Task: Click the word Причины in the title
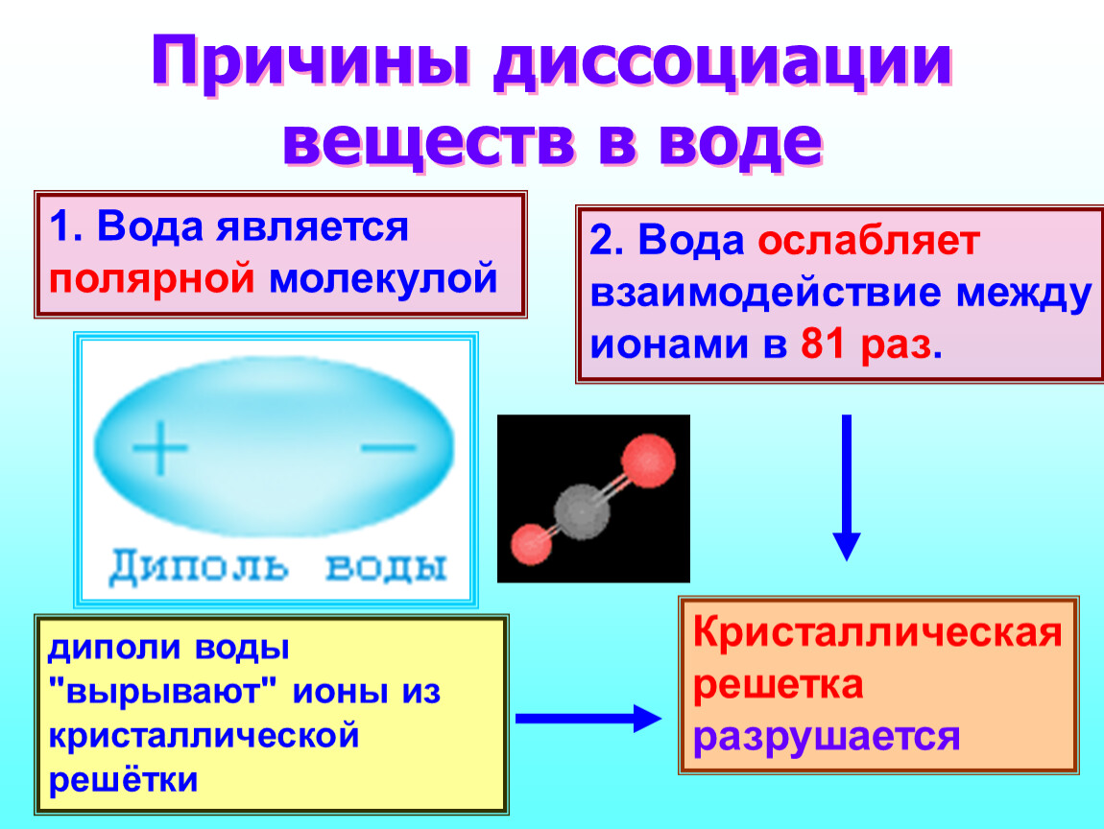click(310, 63)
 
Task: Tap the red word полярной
click(152, 278)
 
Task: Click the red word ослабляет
click(869, 241)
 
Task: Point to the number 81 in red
click(823, 344)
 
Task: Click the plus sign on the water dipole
click(160, 447)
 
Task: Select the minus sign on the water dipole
click(389, 446)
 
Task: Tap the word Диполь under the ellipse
click(199, 566)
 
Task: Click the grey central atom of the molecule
click(582, 511)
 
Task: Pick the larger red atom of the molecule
click(648, 461)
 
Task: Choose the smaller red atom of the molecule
click(531, 545)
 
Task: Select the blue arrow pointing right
click(588, 719)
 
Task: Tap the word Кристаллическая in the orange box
click(877, 632)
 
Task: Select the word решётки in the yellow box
click(123, 780)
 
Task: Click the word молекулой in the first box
click(384, 279)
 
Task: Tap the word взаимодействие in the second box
click(765, 293)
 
